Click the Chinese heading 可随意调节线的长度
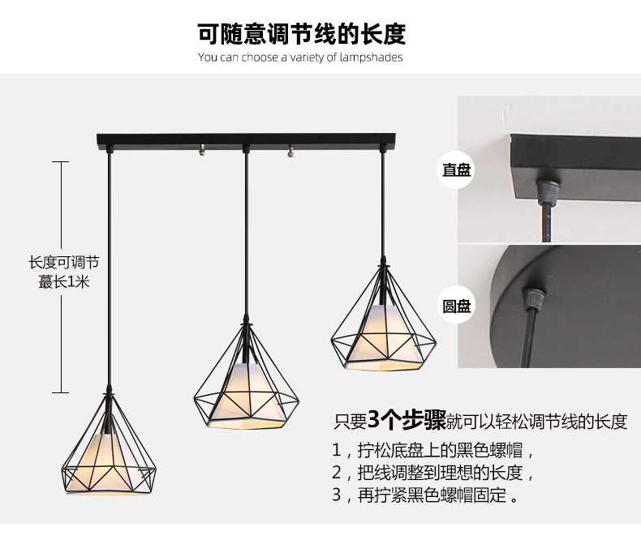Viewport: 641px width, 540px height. [x=301, y=34]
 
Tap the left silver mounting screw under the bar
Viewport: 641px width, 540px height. [x=199, y=149]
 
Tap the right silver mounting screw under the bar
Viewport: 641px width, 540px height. [x=290, y=150]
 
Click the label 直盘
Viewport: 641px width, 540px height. [x=456, y=170]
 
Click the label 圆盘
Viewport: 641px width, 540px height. [x=456, y=306]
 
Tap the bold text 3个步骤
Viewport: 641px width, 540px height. [x=407, y=420]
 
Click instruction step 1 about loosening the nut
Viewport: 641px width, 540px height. [x=433, y=450]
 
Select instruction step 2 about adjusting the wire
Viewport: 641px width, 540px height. [x=433, y=473]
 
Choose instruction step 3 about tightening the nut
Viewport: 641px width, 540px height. [x=425, y=495]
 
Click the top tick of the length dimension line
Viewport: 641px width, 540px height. [x=64, y=162]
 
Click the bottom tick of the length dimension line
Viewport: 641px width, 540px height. [x=64, y=393]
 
